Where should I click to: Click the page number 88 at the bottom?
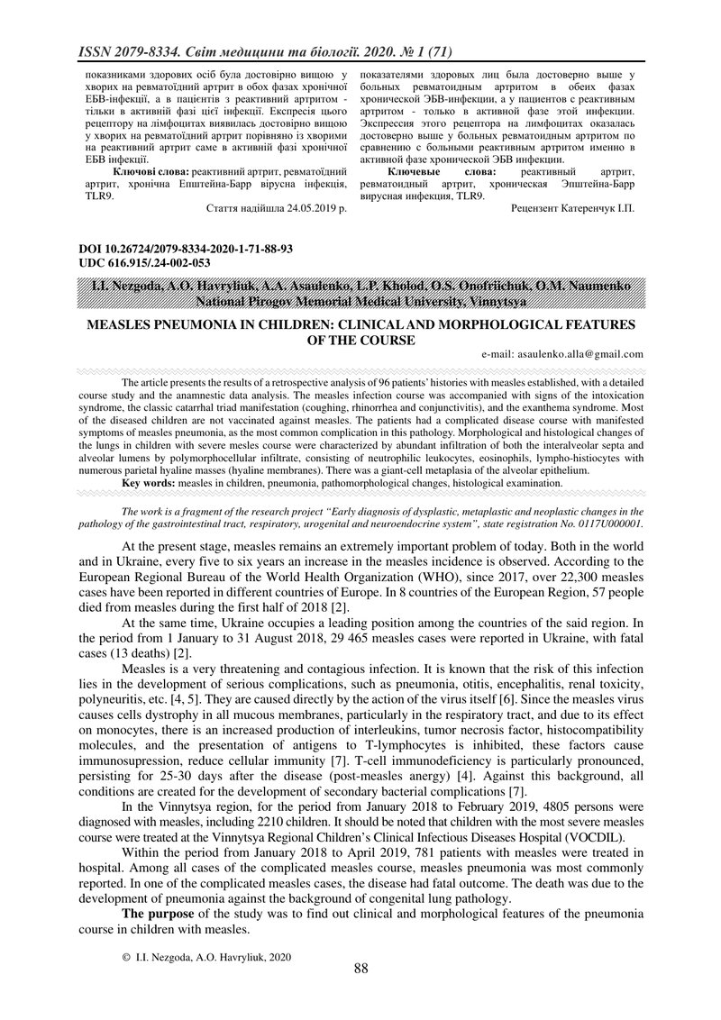click(360, 969)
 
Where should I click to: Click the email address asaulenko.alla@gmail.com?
click(562, 354)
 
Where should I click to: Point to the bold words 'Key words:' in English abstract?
click(149, 483)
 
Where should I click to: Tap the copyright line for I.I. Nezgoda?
click(206, 957)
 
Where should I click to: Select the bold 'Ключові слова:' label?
click(151, 169)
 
